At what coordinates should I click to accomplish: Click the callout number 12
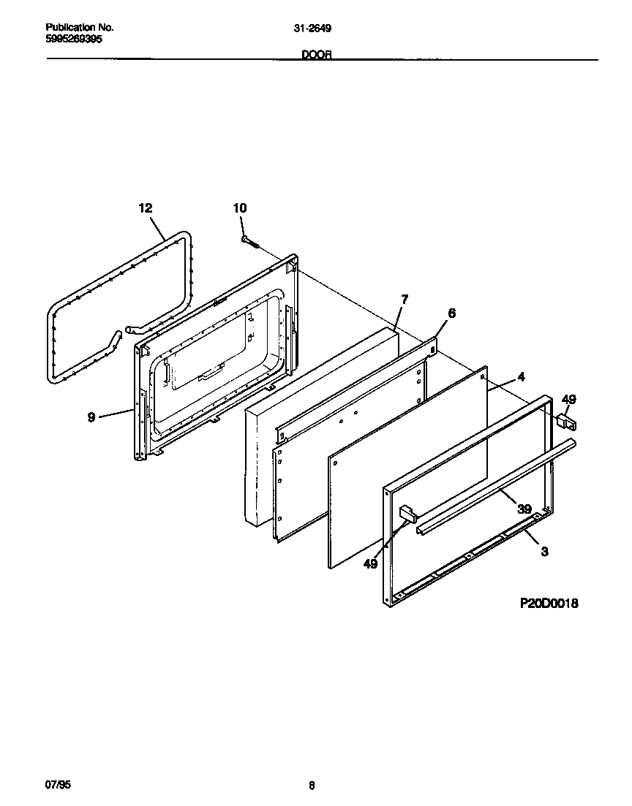[x=145, y=208]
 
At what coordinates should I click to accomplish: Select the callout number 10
[x=240, y=208]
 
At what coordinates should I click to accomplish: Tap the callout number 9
[x=91, y=417]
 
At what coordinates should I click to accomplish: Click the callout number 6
[x=451, y=313]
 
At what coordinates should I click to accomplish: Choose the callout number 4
[x=521, y=377]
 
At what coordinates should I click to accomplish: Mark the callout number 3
[x=544, y=552]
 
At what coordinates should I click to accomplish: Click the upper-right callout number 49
[x=568, y=399]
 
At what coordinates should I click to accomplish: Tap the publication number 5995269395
[x=74, y=39]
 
